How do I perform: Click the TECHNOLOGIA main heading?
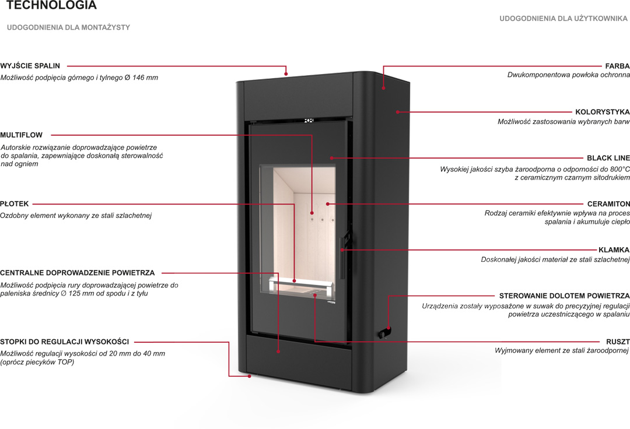click(x=52, y=6)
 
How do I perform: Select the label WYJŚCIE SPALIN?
click(x=30, y=66)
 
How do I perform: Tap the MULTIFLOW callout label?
click(x=22, y=135)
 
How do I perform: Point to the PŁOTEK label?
click(x=15, y=204)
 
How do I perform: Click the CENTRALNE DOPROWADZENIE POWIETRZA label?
click(x=78, y=273)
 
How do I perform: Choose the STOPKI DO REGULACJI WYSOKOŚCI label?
click(x=65, y=342)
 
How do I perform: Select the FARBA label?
click(x=617, y=66)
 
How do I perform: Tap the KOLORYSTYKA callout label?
click(x=603, y=111)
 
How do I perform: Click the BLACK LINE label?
click(x=608, y=158)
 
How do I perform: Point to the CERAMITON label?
click(x=608, y=204)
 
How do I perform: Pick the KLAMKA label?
click(x=614, y=249)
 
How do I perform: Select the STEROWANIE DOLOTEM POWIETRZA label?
click(x=564, y=296)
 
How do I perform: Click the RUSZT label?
click(x=618, y=341)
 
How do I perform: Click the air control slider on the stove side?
click(x=384, y=333)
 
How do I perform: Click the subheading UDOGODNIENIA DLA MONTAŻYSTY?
click(x=68, y=27)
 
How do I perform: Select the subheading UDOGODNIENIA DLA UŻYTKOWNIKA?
click(x=563, y=19)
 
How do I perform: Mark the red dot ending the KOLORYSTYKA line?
click(x=397, y=111)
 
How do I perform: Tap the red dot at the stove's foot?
click(x=250, y=376)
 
